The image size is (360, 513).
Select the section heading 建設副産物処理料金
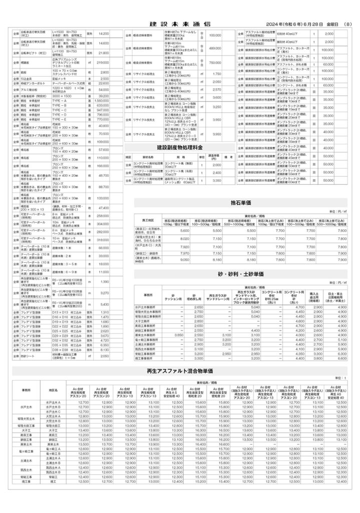180,148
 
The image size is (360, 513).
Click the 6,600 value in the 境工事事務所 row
342,359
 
